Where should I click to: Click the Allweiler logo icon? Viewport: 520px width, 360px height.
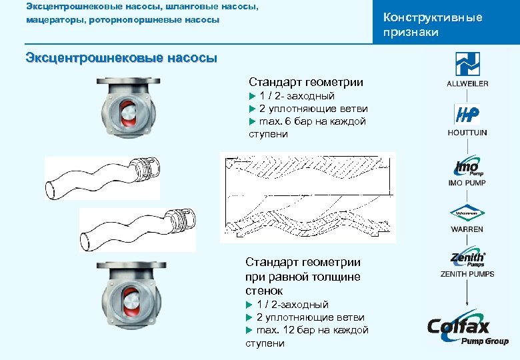467,65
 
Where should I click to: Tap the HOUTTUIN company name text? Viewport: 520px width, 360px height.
467,133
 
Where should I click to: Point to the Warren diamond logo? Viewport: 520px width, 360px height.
467,213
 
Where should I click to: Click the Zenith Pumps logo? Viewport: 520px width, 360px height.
467,260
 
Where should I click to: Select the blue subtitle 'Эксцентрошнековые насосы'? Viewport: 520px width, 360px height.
121,57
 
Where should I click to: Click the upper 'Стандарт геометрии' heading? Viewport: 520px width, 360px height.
306,82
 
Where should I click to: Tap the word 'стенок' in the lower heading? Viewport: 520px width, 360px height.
264,291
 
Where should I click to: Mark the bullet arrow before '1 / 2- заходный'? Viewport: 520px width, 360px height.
252,96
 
